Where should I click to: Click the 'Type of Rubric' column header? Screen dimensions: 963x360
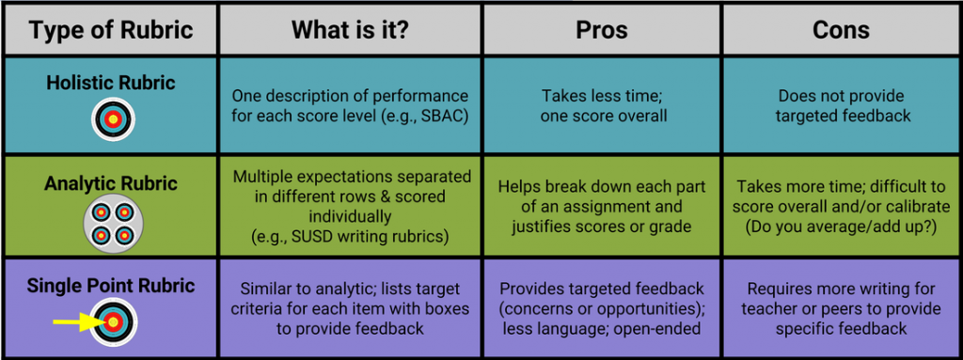112,30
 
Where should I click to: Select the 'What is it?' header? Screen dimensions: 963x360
350,29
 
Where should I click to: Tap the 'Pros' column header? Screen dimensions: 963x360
602,29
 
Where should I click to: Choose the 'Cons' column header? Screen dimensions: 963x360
841,29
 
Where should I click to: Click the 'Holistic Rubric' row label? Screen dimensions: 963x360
112,84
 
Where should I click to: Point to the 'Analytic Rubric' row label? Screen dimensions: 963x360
112,183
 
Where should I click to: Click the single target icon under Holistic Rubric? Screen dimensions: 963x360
113,118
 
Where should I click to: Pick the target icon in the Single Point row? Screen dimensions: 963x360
114,321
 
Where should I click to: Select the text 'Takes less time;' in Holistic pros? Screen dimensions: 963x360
602,96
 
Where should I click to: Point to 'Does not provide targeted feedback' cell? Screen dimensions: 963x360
842,105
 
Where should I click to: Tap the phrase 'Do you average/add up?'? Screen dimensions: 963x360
841,227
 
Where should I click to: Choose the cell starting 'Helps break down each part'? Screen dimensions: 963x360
602,207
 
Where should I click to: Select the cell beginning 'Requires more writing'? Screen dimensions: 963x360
841,308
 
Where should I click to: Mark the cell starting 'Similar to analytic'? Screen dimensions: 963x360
350,308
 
